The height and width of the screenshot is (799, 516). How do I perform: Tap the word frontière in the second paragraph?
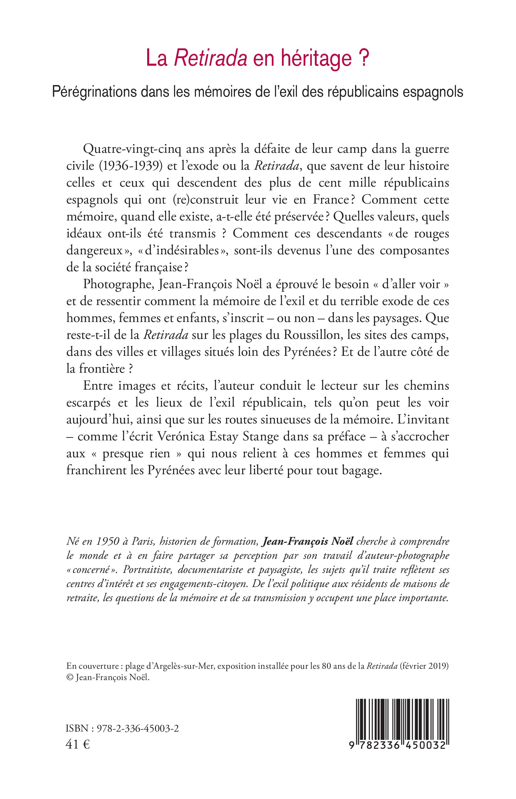[100, 369]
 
